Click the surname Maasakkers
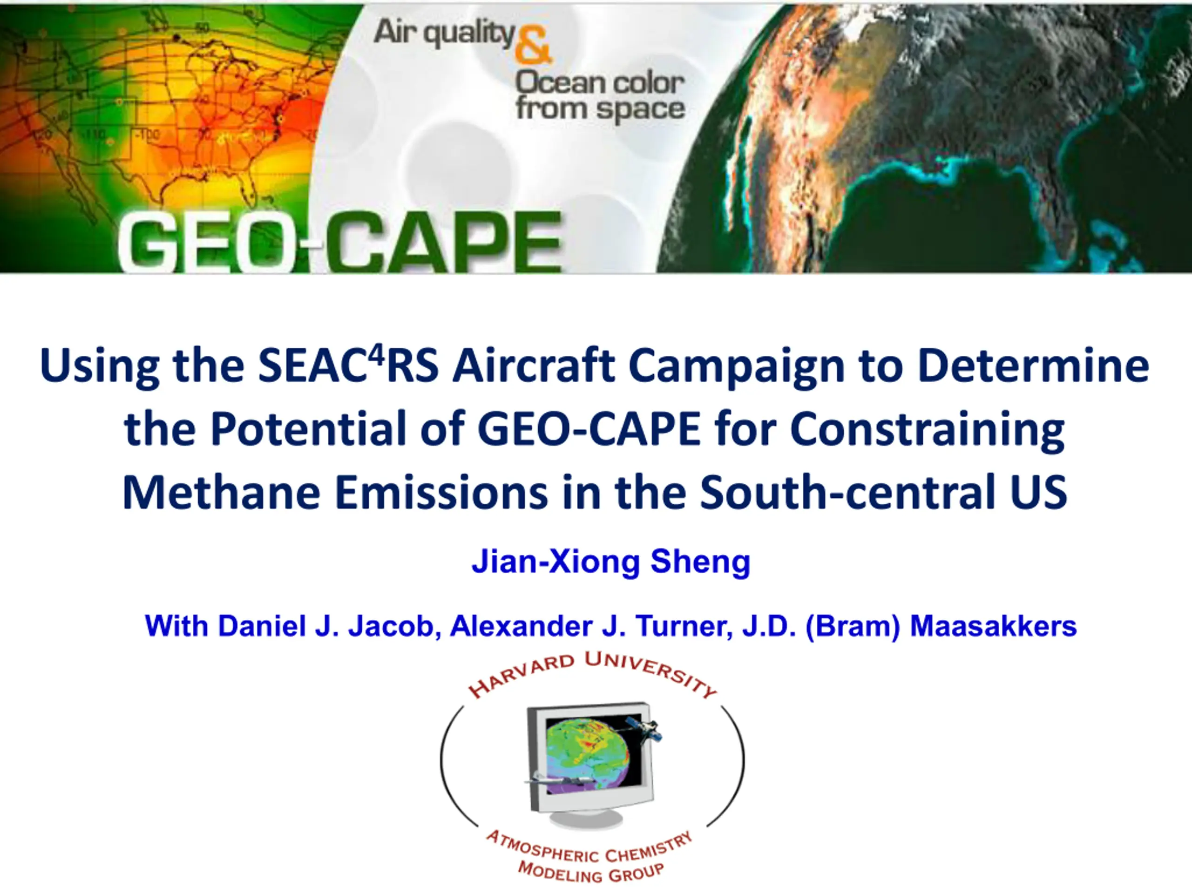pos(993,626)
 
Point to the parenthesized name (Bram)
pos(853,627)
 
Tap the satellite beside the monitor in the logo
pos(643,730)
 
